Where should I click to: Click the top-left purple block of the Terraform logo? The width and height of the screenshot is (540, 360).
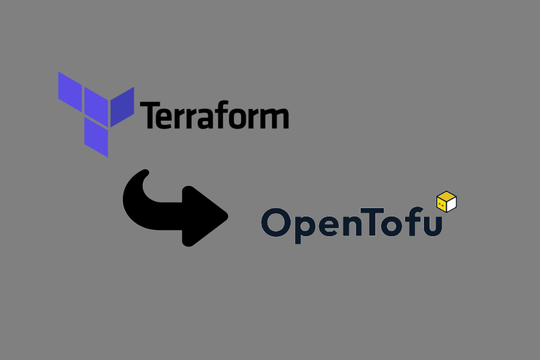(x=70, y=92)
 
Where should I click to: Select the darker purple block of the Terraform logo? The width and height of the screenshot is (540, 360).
(x=122, y=107)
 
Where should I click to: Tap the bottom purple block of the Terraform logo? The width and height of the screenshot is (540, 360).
(x=96, y=137)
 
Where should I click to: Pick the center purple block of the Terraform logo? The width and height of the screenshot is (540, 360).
(x=96, y=107)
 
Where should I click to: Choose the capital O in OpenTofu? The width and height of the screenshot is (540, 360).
(x=275, y=222)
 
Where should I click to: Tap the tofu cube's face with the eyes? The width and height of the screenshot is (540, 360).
(x=441, y=205)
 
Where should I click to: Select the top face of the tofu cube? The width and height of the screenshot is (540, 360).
(x=446, y=196)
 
